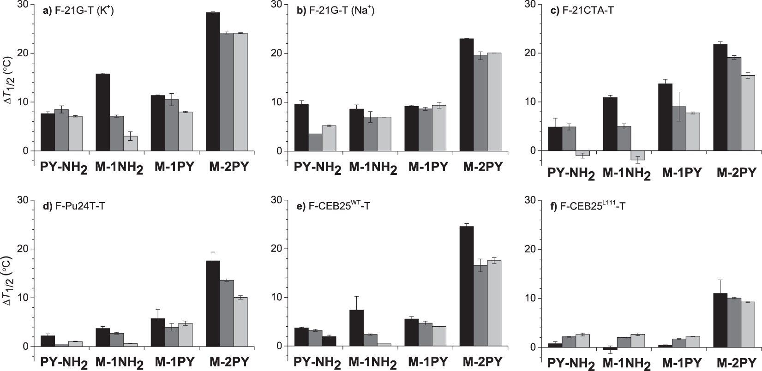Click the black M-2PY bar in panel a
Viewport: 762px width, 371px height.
coord(213,82)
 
